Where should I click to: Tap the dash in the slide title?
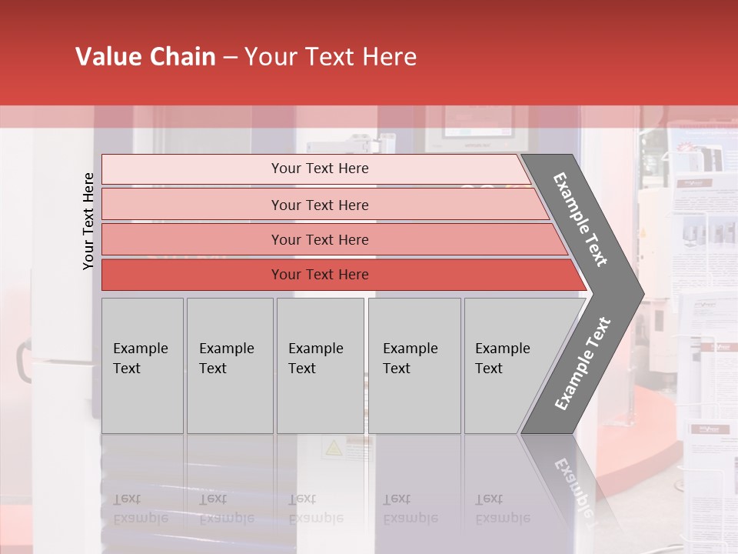[230, 58]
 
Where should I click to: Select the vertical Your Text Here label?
[88, 221]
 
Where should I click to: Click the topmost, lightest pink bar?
[320, 169]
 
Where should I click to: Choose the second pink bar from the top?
[320, 205]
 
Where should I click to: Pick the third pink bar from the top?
[320, 239]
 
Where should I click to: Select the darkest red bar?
[320, 275]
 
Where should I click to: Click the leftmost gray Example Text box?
[142, 365]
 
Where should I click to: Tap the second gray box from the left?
[229, 365]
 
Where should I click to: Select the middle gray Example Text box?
[320, 365]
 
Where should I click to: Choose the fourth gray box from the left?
[414, 365]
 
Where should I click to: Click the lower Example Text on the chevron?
[583, 364]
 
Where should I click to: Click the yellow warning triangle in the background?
[333, 448]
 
